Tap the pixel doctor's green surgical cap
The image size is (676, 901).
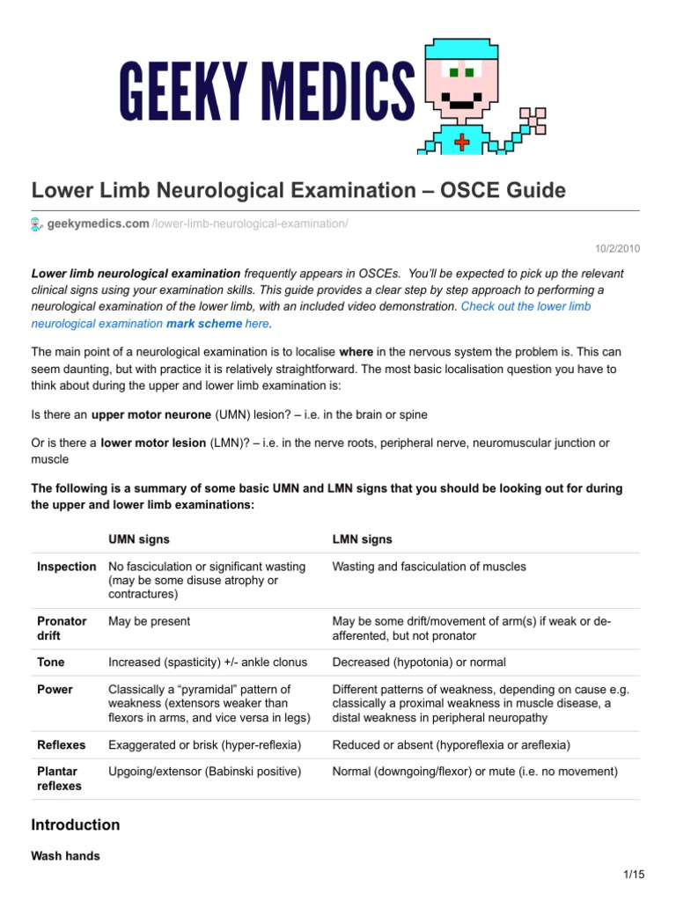click(x=457, y=50)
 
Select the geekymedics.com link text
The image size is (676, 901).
click(x=98, y=224)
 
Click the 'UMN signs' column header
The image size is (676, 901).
click(x=138, y=538)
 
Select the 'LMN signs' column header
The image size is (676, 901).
click(x=362, y=538)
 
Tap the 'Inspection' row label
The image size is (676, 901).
click(x=67, y=567)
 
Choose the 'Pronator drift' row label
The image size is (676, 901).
click(x=62, y=628)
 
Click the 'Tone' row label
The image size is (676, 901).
click(x=51, y=662)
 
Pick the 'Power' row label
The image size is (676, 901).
click(x=55, y=690)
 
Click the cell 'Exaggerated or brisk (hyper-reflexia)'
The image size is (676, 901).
click(x=204, y=745)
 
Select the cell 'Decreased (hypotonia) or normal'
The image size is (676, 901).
click(x=419, y=662)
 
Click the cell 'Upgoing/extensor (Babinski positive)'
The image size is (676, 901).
click(x=203, y=772)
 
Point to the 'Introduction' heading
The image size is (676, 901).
click(x=76, y=825)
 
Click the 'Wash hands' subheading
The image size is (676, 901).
click(x=65, y=855)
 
